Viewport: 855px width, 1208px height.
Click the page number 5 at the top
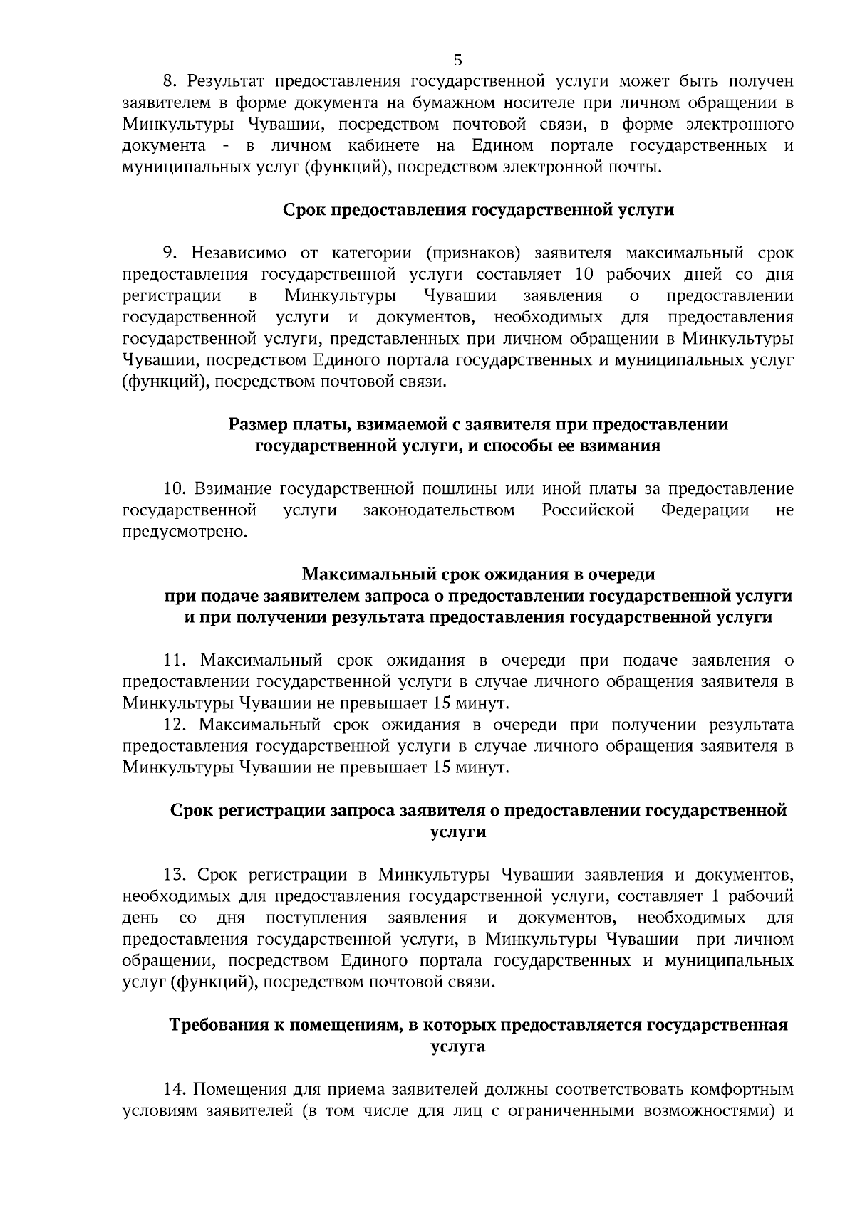point(457,60)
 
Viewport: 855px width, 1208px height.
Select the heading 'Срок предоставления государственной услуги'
point(478,210)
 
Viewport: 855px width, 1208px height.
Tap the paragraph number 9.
point(170,253)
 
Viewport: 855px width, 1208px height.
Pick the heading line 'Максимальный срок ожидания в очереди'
point(478,574)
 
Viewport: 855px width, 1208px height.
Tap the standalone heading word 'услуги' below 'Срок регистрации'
point(458,831)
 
